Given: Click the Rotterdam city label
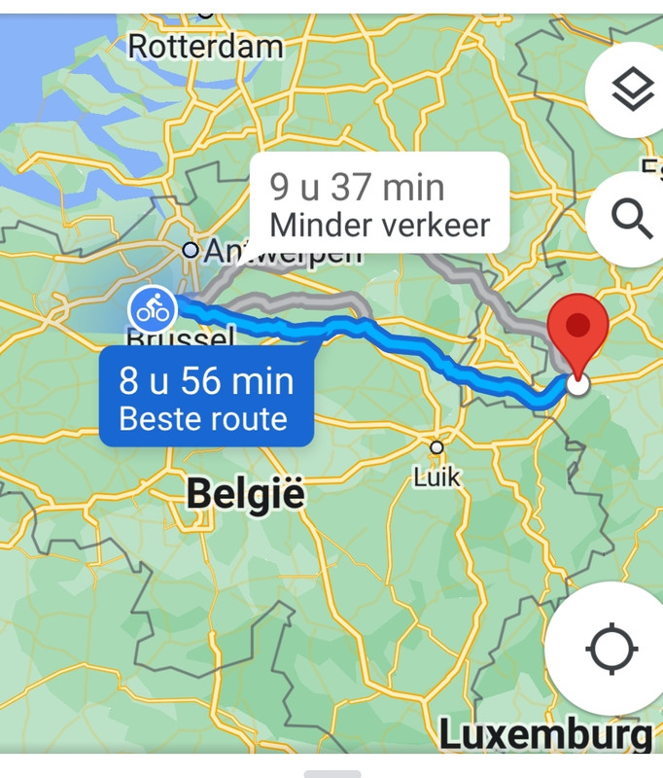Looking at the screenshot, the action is [x=205, y=46].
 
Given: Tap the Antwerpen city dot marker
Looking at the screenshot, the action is [x=191, y=250].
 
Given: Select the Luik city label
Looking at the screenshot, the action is [x=436, y=477].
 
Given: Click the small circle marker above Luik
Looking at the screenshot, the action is [x=436, y=447].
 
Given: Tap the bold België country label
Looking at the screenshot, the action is [x=245, y=494].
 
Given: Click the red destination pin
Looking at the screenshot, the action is [x=577, y=331].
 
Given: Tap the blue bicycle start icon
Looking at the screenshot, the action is [x=152, y=310].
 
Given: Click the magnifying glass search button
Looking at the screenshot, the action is [x=632, y=221].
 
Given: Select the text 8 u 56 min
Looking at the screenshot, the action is [x=206, y=380].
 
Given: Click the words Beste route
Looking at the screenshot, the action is [x=203, y=419].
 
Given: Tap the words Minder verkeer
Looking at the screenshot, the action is [x=379, y=226].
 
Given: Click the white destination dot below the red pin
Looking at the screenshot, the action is [x=577, y=384].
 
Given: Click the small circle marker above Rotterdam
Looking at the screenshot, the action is [x=205, y=12].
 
